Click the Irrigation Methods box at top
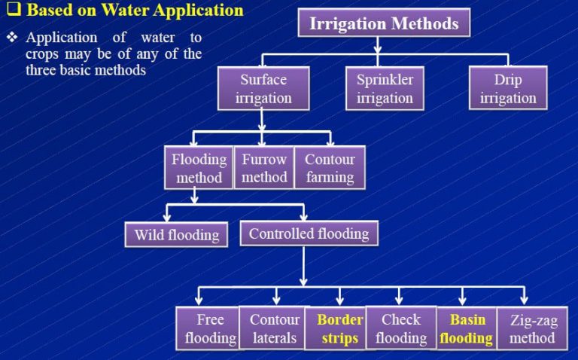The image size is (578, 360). point(383,23)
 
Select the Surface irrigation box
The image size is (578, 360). point(263,89)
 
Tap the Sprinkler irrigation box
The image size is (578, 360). point(385,89)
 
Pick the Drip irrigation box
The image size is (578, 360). point(507,89)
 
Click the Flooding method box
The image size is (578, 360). point(199,168)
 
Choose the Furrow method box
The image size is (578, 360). point(264,168)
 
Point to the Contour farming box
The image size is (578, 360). point(330,168)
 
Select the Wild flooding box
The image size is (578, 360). point(177,235)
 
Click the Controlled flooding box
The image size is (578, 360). point(309,233)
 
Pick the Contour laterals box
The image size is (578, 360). point(273,328)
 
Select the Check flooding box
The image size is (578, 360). point(400,328)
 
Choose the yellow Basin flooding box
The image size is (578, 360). point(467,328)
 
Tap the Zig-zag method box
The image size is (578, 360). point(533,328)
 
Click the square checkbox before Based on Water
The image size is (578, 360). point(14,11)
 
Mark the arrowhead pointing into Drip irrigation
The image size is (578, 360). point(508,63)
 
